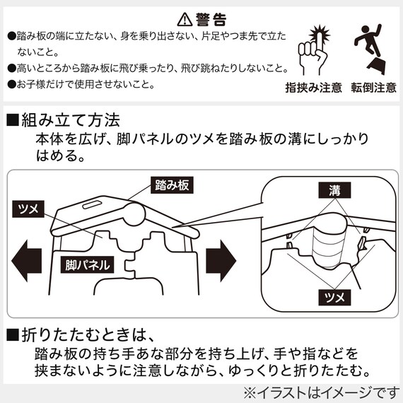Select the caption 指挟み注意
click(313, 88)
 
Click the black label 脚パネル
click(86, 266)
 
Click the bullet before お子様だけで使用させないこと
click(11, 83)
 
